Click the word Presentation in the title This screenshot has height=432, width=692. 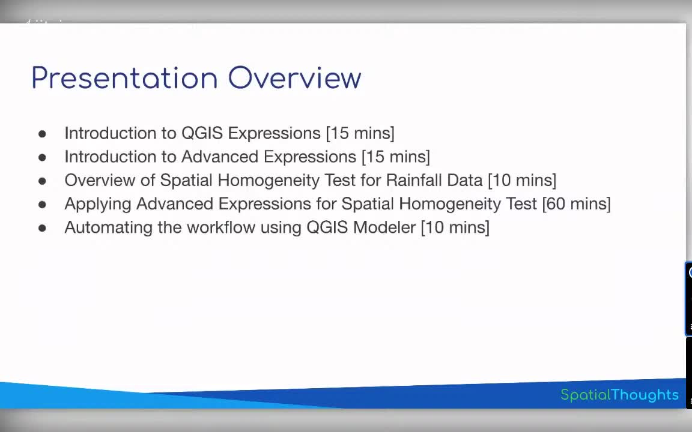(x=124, y=79)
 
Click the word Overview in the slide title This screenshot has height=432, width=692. (x=294, y=79)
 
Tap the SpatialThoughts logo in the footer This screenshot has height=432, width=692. (x=619, y=395)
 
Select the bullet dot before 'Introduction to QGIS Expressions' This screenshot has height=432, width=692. (x=42, y=134)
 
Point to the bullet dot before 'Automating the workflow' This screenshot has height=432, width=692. (x=42, y=228)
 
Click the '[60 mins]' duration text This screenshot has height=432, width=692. (x=576, y=204)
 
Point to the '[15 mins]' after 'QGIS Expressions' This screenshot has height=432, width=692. (x=360, y=133)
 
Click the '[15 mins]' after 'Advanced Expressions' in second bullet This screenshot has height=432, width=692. (x=395, y=157)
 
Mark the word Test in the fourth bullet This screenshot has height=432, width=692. (x=521, y=204)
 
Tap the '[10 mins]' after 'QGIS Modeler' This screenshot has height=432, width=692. (x=455, y=227)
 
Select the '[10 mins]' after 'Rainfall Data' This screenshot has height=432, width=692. (x=521, y=180)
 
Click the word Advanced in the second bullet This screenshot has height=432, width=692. (x=220, y=157)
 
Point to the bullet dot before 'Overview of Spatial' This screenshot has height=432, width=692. (x=42, y=181)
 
